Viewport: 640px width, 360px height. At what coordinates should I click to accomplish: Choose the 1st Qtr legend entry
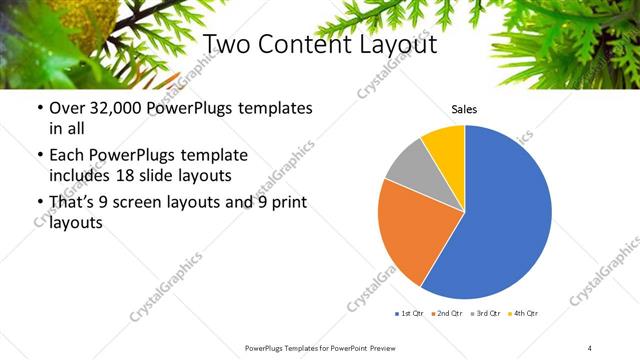coord(411,313)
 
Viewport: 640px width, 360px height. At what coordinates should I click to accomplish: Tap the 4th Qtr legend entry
coord(524,313)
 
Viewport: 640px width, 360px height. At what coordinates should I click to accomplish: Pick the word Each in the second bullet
coord(67,156)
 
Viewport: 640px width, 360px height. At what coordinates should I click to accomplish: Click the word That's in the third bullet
coord(72,204)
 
